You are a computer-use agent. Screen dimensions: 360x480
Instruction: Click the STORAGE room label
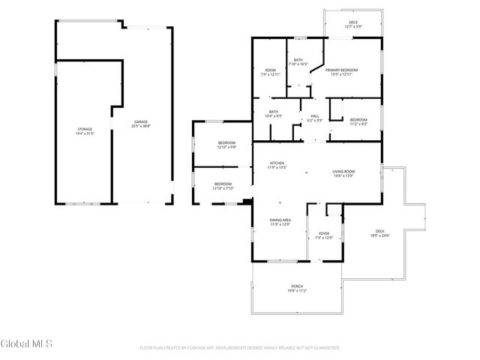point(83,130)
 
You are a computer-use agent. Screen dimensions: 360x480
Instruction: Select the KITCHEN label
point(277,164)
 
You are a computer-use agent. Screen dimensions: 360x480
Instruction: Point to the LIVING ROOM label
point(343,172)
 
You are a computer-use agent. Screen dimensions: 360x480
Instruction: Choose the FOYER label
point(323,233)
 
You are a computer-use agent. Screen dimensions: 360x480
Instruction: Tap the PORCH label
point(298,286)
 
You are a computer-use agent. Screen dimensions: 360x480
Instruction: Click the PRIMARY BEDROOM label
point(341,70)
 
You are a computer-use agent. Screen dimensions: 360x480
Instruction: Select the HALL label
point(314,115)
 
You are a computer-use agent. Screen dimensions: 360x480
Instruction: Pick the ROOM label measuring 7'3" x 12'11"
point(270,70)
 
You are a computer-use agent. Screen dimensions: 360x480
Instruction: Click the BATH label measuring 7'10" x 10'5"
point(298,60)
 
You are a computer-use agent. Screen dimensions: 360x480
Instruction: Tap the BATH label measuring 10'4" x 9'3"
point(273,112)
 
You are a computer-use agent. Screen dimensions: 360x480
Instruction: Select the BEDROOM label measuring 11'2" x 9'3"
point(358,120)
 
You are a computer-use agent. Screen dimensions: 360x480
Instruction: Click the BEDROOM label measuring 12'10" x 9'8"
point(226,143)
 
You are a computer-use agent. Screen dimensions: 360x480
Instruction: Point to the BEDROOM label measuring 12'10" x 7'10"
point(223,184)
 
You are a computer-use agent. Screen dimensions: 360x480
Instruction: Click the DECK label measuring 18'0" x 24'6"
point(379,231)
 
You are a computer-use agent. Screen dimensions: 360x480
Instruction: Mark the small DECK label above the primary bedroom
point(352,22)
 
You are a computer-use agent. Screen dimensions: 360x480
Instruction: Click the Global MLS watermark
point(25,344)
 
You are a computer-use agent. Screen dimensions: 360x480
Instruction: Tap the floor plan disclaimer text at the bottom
point(239,348)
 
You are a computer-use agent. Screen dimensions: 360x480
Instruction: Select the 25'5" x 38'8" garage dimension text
point(142,126)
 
